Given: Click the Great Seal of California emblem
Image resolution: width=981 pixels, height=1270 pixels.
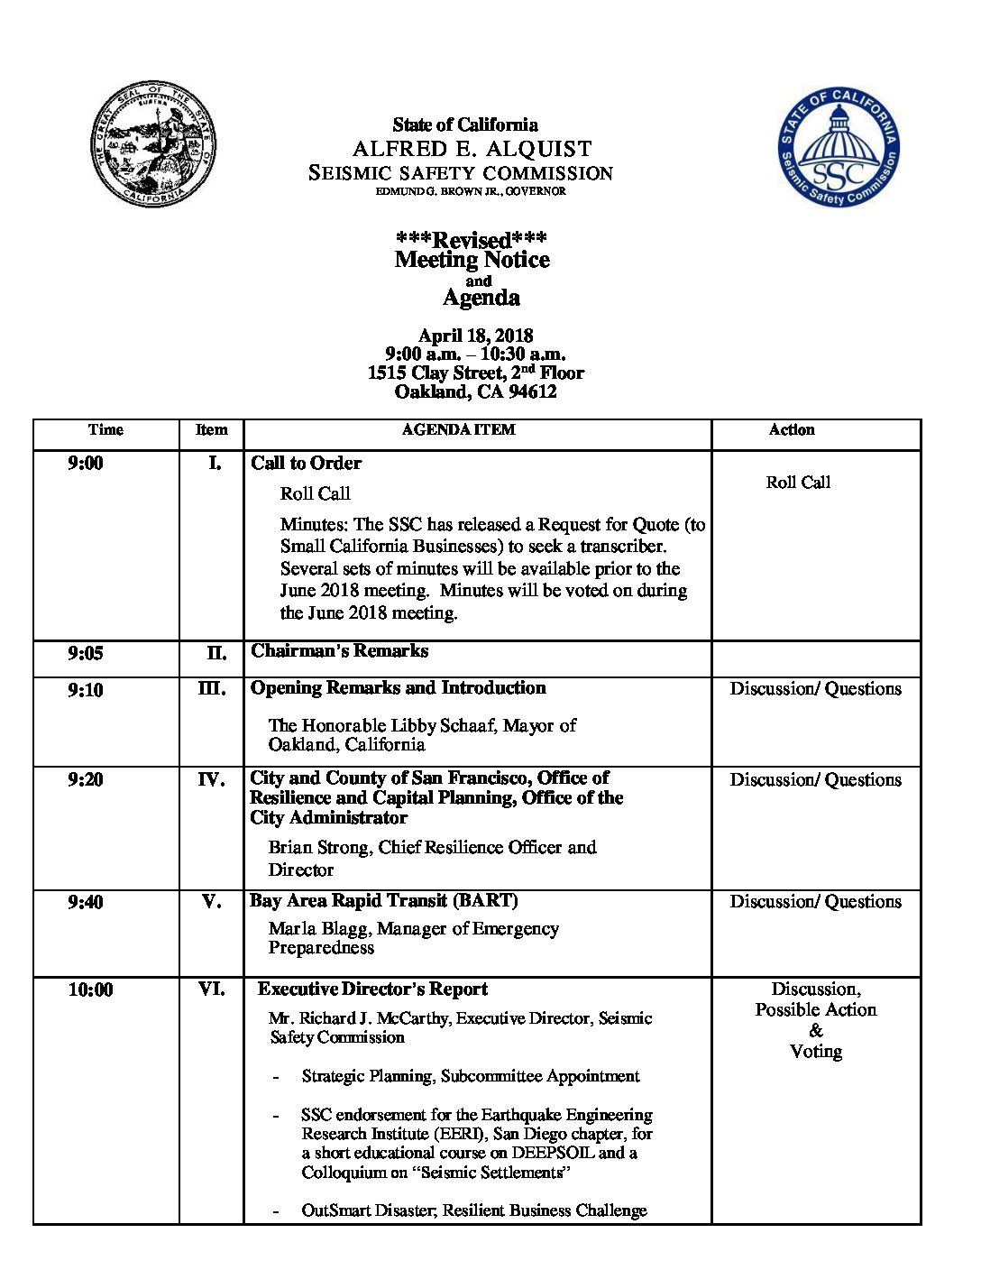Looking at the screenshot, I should [x=152, y=145].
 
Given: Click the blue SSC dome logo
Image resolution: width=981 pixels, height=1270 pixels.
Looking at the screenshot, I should [x=839, y=147].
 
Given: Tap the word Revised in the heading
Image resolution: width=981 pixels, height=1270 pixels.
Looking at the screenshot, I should [x=472, y=240].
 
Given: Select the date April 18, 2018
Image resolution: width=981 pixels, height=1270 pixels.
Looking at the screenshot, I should [x=475, y=336].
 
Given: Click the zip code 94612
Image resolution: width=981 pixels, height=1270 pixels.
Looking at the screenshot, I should [x=532, y=391].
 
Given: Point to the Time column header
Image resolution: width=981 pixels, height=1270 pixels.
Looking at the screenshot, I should [x=105, y=430].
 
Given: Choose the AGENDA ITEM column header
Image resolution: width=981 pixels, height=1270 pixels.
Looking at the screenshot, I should [x=458, y=430].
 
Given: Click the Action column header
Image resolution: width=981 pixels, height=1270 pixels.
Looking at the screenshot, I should [x=791, y=430].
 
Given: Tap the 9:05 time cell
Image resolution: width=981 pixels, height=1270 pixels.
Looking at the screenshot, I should [x=86, y=653].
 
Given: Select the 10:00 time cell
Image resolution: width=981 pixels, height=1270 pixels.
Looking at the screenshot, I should [x=90, y=989].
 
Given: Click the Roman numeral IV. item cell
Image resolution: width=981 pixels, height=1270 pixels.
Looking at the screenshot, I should [x=211, y=779].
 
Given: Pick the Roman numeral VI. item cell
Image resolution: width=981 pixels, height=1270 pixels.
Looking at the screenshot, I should [x=211, y=989].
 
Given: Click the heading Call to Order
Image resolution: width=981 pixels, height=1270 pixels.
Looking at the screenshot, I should [x=306, y=463].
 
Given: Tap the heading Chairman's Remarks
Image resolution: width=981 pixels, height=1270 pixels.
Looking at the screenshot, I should [x=339, y=650].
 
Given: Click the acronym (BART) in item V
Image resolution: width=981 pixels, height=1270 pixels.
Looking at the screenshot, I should [x=485, y=900].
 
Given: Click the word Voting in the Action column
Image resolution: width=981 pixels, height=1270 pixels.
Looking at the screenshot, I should [x=815, y=1051].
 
